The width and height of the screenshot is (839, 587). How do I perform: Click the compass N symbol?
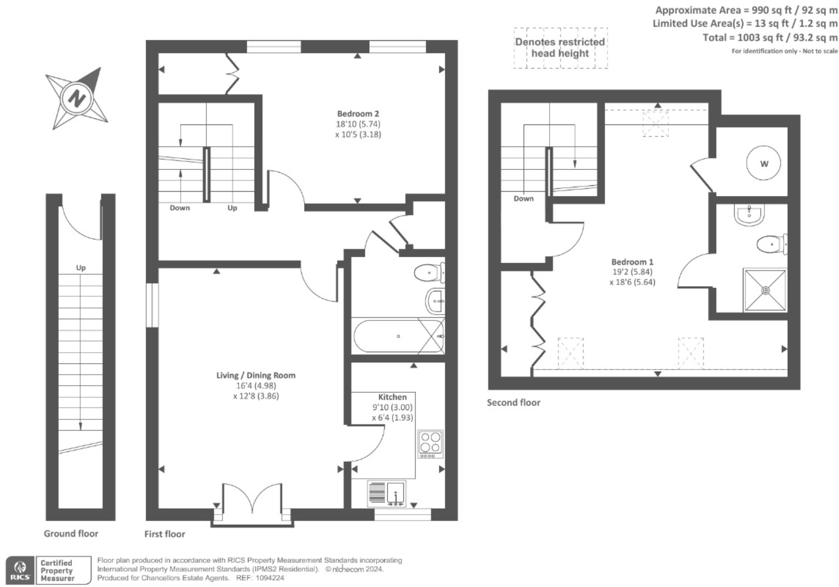click(x=78, y=98)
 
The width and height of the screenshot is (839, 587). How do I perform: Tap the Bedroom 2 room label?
click(x=358, y=113)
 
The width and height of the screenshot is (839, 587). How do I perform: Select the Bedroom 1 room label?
click(x=632, y=262)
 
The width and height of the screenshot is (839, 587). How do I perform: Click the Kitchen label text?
click(x=392, y=397)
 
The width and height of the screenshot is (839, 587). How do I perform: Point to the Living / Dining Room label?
click(x=256, y=375)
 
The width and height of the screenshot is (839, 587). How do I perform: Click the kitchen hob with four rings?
click(x=430, y=444)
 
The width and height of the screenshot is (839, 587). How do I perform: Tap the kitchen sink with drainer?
click(x=387, y=494)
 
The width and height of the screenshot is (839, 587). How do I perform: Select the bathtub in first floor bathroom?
click(x=398, y=336)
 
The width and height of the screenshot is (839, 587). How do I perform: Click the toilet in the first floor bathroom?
click(x=429, y=273)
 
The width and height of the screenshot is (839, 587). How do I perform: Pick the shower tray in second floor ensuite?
click(x=765, y=290)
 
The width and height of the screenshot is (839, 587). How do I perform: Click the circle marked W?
click(x=764, y=164)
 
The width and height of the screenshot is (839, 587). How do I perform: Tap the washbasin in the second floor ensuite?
click(x=749, y=215)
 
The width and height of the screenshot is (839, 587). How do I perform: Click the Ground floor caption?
click(x=71, y=534)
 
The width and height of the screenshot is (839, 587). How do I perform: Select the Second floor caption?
click(x=513, y=403)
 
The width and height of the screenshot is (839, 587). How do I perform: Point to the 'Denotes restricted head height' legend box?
click(x=560, y=48)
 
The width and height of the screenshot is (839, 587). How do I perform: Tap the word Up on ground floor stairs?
click(x=81, y=268)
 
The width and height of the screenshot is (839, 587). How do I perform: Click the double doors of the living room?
click(x=252, y=503)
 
